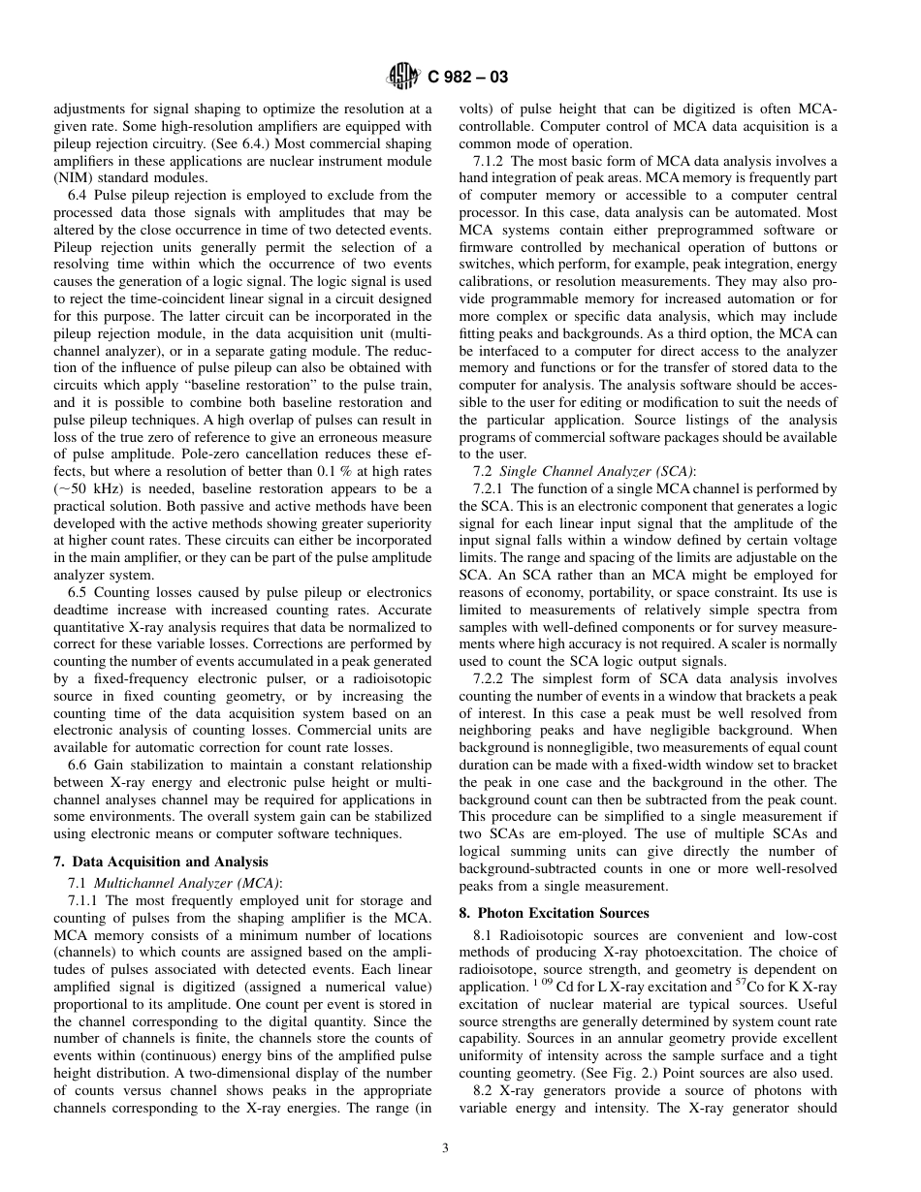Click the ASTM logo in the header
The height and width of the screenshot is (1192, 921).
click(x=401, y=76)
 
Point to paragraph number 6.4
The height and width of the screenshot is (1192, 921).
click(x=79, y=196)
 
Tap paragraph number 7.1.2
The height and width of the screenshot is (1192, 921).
click(x=490, y=160)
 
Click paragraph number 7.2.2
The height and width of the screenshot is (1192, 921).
click(x=490, y=681)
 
